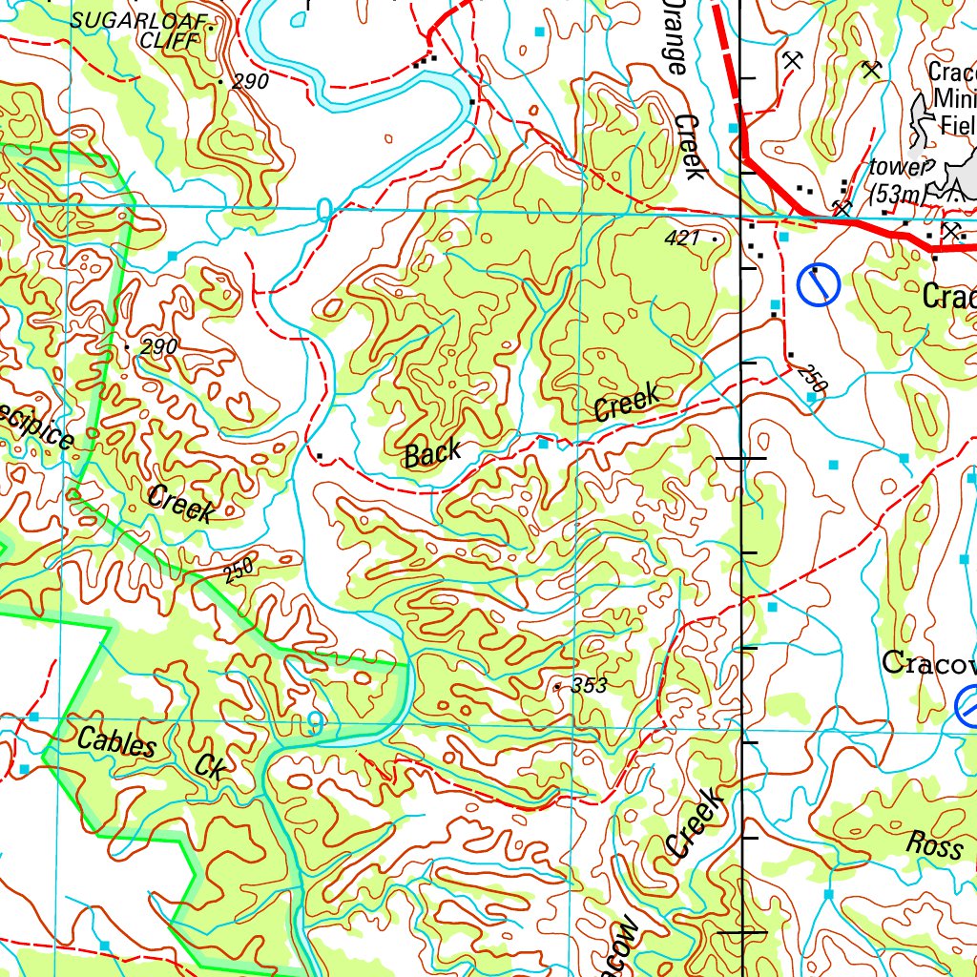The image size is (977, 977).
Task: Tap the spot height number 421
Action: tap(684, 239)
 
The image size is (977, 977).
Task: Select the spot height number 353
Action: tap(588, 685)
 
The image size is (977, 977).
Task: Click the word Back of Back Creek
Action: tap(432, 454)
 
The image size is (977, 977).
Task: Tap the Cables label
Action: tap(116, 742)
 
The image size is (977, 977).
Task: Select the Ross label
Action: tap(934, 844)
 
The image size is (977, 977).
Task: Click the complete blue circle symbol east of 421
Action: tap(818, 285)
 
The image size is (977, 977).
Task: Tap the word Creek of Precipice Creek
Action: tap(180, 503)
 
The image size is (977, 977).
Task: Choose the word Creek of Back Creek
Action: tap(626, 402)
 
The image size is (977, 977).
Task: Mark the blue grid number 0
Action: tap(324, 209)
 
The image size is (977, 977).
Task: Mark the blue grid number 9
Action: tap(314, 724)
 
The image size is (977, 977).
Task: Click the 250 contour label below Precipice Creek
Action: tap(239, 571)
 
